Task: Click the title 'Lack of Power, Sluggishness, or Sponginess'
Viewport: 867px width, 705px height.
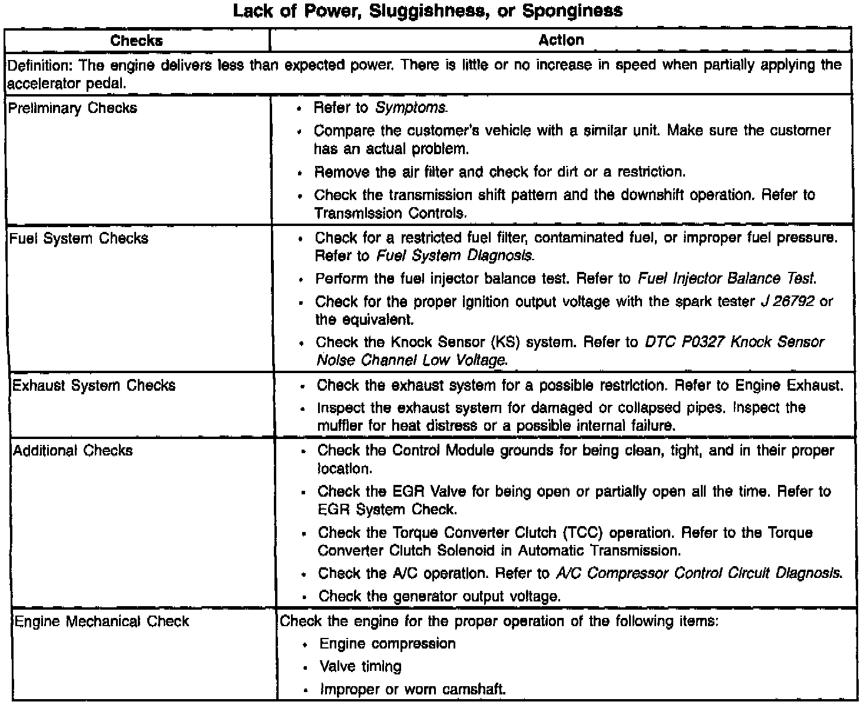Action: coord(428,11)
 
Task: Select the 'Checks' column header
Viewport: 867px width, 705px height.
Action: coord(137,41)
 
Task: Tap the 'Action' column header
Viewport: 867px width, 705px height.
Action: coord(561,40)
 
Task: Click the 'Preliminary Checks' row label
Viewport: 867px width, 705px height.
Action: coord(73,108)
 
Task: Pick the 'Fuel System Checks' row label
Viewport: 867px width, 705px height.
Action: coord(79,238)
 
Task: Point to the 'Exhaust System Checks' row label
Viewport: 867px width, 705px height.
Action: coord(94,385)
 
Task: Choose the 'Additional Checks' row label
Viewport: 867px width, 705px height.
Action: coord(73,451)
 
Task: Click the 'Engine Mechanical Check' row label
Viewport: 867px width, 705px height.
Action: coord(101,621)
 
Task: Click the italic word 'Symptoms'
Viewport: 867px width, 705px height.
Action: coord(411,108)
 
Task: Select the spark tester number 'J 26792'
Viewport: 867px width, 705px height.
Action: coord(786,302)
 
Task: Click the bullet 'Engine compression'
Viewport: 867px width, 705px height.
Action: coord(388,644)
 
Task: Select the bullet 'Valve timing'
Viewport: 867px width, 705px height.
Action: coord(360,667)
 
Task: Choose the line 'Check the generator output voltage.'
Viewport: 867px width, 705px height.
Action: coord(439,596)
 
